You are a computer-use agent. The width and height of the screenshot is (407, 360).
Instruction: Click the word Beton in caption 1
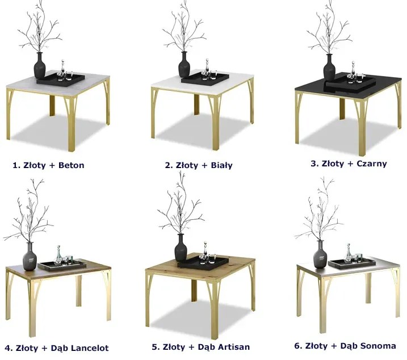72,165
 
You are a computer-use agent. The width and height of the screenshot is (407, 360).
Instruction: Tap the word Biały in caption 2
222,165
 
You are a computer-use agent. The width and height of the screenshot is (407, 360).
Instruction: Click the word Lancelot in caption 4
90,348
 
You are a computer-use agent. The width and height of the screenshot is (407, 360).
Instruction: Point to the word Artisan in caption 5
234,347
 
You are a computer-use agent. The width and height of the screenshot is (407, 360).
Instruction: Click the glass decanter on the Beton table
62,68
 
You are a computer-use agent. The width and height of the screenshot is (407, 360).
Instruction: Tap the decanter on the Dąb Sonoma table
348,253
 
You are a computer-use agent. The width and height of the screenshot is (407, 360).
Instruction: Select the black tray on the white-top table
205,78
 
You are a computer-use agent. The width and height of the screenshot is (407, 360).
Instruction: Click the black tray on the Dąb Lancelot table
62,266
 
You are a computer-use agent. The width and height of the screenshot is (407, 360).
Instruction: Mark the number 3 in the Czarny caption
314,164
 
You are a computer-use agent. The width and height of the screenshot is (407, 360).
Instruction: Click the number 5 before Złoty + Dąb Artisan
155,347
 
